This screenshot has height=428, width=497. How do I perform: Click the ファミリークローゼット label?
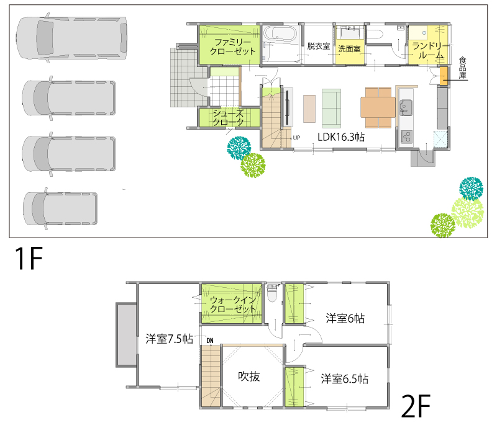[232, 47]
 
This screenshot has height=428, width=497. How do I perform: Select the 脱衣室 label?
[319, 47]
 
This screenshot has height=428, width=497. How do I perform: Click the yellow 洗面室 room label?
[349, 49]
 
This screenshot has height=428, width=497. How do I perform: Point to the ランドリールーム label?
[428, 51]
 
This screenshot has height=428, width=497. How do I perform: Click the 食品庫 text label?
[462, 68]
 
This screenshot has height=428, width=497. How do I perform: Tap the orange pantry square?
[444, 76]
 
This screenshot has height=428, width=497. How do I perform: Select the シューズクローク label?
[228, 117]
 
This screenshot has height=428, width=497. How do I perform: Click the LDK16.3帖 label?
[341, 137]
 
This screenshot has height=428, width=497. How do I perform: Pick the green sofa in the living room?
[331, 109]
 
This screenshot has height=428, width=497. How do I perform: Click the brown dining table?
[378, 108]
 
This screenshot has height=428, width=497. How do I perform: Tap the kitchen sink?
[406, 106]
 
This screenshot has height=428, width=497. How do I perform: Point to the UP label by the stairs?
[296, 138]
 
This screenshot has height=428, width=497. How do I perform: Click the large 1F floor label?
[29, 258]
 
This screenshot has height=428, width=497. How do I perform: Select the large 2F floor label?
[416, 406]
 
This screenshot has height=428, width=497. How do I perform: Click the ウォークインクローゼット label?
[232, 304]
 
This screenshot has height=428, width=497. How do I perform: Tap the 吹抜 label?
[249, 377]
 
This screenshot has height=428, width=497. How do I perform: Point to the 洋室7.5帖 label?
[169, 339]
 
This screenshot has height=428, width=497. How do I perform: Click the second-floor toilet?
[272, 293]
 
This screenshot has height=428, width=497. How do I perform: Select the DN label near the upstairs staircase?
[210, 341]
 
